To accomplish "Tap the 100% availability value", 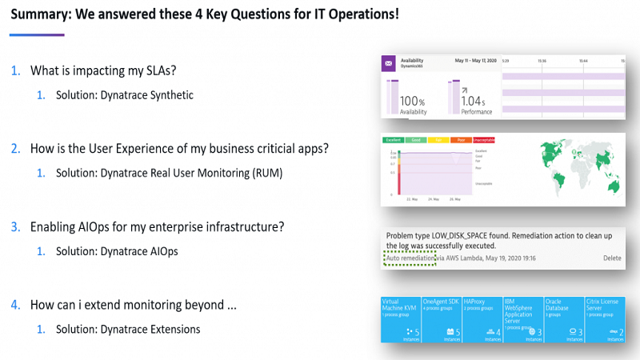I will point(412,102).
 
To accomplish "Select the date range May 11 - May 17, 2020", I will point(476,60).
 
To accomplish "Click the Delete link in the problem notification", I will point(611,258).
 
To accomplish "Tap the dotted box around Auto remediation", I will point(410,258).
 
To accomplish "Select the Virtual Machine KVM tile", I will point(401,318).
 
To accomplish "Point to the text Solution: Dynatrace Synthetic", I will point(124,95).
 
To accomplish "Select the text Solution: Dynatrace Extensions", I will point(127,329).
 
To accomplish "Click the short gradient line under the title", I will point(37,34).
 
